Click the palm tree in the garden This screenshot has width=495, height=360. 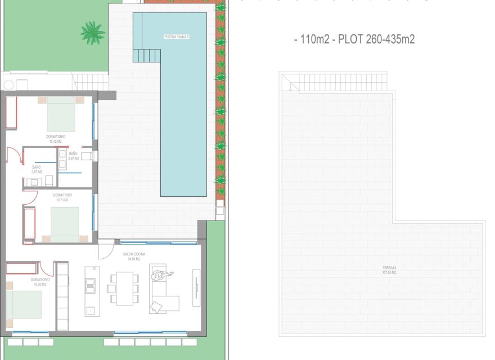[92, 32]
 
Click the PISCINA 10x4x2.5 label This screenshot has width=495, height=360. [177, 37]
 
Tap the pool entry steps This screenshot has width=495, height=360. [147, 55]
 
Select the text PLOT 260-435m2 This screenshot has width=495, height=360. [377, 39]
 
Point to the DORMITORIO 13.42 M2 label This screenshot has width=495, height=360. [56, 139]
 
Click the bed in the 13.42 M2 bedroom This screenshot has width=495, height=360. [61, 115]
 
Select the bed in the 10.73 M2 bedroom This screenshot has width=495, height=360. [65, 224]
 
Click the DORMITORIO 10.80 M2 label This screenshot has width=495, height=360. [40, 282]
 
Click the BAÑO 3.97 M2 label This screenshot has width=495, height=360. [74, 156]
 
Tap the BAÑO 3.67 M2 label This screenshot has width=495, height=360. [37, 169]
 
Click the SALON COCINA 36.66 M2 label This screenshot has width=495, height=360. [134, 257]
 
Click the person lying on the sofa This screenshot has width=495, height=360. [162, 275]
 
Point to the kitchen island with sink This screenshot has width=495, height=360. [90, 290]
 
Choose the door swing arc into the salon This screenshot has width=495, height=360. [105, 250]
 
